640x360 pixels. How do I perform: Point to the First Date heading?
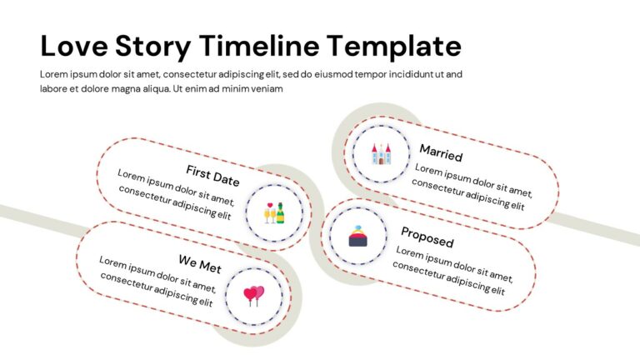[212, 176]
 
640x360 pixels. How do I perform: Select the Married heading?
[441, 152]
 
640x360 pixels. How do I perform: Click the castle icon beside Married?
[381, 152]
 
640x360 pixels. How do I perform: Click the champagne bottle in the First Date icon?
[280, 213]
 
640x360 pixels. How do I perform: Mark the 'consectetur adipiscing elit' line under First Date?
[174, 202]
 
